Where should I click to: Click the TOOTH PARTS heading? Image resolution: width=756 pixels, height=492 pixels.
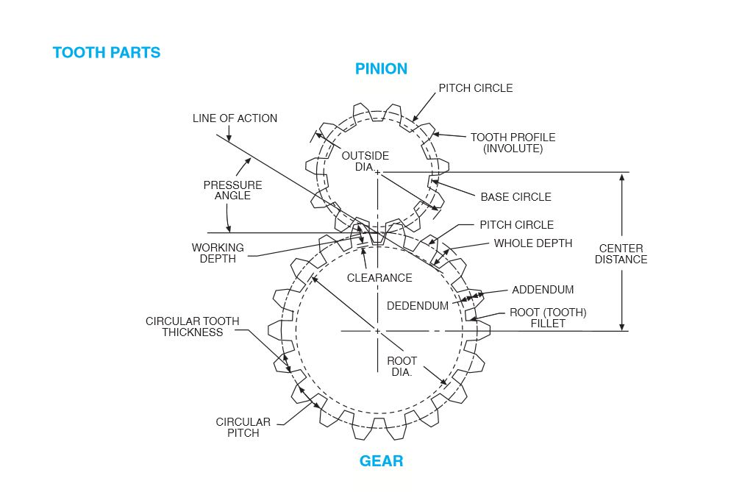tap(107, 53)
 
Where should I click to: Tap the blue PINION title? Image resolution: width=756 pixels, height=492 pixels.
tap(381, 69)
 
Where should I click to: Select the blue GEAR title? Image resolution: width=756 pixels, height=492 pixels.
tap(381, 462)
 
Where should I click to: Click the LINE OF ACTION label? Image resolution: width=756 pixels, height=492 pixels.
tap(235, 118)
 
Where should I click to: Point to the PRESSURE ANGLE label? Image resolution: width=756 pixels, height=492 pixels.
tap(232, 190)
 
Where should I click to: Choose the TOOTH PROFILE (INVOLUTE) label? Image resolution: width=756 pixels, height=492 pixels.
tap(513, 143)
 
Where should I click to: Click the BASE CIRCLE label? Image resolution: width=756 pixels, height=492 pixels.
tap(516, 197)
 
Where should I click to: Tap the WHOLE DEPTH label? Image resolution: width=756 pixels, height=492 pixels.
tap(532, 243)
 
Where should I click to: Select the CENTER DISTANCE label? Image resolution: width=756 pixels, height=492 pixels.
tap(621, 254)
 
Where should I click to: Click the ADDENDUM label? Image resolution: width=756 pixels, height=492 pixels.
tap(543, 290)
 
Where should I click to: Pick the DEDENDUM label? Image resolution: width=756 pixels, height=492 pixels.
tap(418, 306)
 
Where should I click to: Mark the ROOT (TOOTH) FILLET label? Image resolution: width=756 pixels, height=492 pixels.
tap(548, 318)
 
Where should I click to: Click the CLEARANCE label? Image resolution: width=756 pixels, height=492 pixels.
tap(379, 278)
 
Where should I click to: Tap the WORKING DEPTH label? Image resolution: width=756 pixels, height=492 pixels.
tap(218, 254)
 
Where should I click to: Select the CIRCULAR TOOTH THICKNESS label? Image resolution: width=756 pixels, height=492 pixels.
tap(193, 327)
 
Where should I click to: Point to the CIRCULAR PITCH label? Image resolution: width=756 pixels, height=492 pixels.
tap(243, 427)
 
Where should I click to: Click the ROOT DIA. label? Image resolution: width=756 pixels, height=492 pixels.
tap(402, 366)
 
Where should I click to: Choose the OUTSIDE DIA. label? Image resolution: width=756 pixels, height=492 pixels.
tap(365, 161)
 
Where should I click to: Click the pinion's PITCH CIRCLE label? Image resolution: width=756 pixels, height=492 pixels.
tap(476, 88)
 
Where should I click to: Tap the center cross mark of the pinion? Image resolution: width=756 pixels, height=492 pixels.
tap(378, 172)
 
